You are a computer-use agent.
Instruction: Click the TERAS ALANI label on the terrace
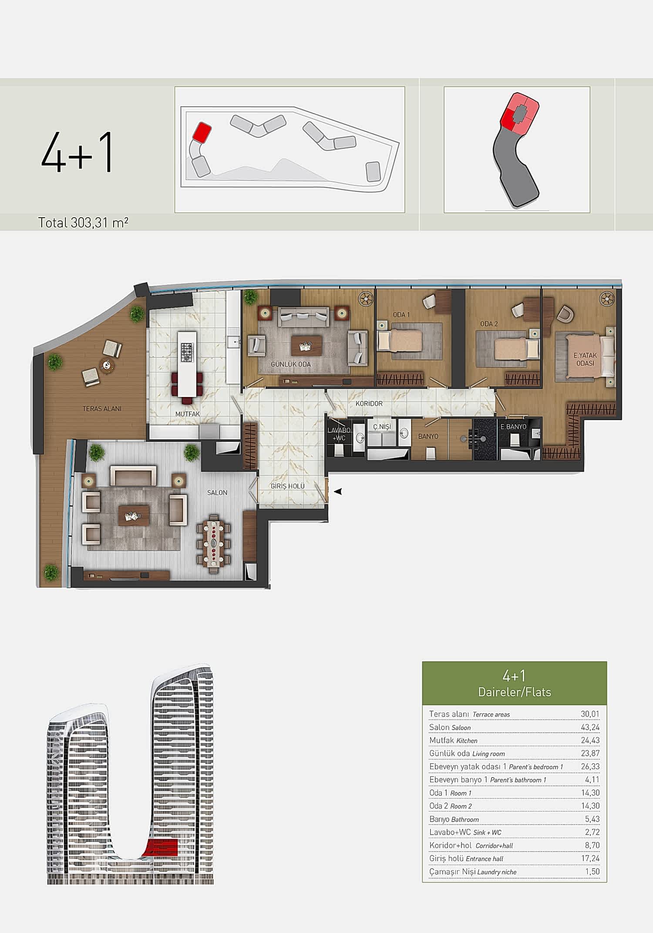point(102,409)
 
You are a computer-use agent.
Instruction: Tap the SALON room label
point(217,492)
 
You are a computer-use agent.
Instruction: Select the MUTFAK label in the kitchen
point(188,414)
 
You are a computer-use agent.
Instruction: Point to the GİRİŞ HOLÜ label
point(287,486)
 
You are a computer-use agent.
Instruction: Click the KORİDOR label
point(369,404)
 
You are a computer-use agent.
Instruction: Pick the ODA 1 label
point(401,315)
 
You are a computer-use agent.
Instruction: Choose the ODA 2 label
point(489,324)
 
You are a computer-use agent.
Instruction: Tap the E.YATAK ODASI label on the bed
point(585,359)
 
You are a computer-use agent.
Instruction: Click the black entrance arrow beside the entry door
point(338,492)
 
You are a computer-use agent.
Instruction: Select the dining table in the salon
point(213,543)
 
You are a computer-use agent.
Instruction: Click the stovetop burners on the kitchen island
point(187,352)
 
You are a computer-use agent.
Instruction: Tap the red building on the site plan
point(202,131)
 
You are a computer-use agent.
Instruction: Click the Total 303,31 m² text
point(83,223)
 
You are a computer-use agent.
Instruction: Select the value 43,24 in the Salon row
point(590,727)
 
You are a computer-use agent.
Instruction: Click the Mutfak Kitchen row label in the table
point(453,740)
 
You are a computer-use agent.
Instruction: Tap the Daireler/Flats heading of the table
point(515,692)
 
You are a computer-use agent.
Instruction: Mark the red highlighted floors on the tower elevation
point(162,848)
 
